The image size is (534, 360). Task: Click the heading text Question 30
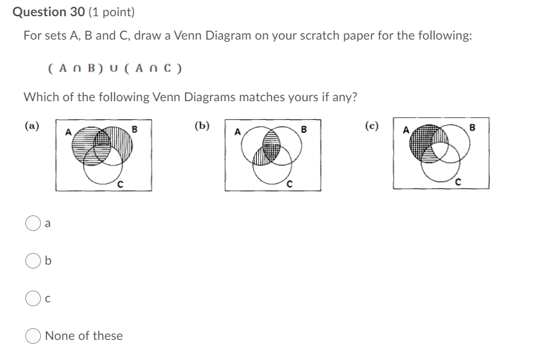[50, 12]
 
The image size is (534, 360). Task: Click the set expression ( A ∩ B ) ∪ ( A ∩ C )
[115, 67]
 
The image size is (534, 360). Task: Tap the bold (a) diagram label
[31, 126]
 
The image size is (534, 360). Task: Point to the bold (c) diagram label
[372, 126]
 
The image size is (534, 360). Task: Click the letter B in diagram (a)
[134, 128]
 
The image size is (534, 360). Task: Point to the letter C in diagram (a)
[120, 184]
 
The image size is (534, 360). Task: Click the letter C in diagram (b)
[290, 184]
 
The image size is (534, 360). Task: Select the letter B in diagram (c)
[473, 128]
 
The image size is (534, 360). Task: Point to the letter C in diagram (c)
[459, 182]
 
